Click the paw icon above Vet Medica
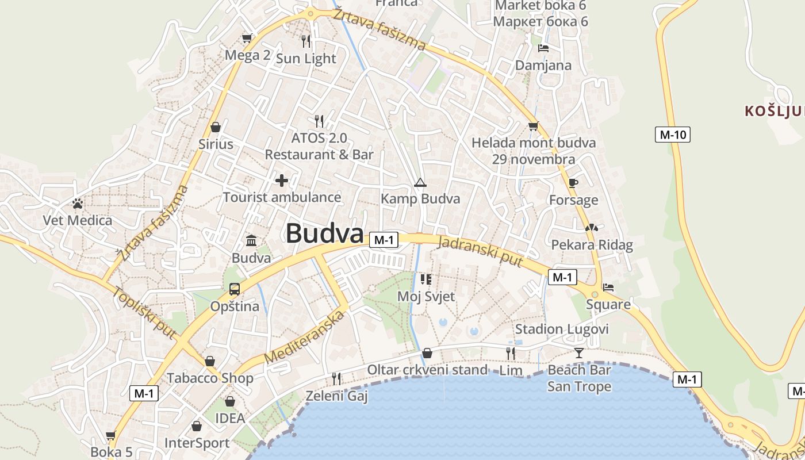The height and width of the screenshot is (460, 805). (78, 203)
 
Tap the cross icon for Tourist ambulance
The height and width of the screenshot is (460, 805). (282, 181)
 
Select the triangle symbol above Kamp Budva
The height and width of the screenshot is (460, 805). (420, 183)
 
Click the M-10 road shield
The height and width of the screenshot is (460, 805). (672, 135)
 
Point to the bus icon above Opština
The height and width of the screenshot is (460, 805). (235, 289)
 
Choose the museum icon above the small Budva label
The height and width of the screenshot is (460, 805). (251, 240)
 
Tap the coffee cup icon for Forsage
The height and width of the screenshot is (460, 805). (573, 183)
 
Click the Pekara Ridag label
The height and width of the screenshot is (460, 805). (592, 245)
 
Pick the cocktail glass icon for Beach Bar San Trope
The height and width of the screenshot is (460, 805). (578, 352)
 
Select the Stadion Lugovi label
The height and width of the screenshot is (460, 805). (561, 329)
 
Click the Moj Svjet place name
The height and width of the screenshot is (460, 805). (426, 297)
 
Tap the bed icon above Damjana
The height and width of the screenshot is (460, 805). (543, 48)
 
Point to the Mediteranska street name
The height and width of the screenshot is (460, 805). (305, 336)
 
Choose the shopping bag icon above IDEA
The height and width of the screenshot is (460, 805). (230, 401)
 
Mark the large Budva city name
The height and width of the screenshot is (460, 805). (325, 233)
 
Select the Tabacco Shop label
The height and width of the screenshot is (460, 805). (210, 378)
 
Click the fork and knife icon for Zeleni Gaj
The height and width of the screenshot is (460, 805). (336, 378)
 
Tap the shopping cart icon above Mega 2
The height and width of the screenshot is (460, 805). (247, 38)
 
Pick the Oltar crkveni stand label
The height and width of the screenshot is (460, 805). (427, 370)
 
